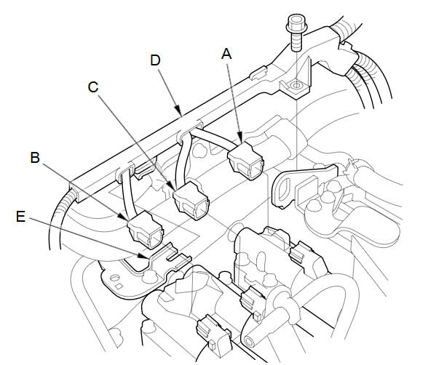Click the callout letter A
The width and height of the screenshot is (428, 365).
(x=226, y=54)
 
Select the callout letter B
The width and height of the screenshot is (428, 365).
(x=35, y=158)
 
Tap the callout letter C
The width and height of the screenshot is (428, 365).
(x=93, y=87)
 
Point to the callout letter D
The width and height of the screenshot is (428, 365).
(x=155, y=60)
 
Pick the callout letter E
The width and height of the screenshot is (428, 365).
(x=20, y=217)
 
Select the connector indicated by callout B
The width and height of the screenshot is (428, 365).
(x=145, y=230)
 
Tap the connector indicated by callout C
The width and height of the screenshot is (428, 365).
(x=191, y=200)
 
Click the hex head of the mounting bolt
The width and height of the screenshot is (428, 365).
(x=296, y=24)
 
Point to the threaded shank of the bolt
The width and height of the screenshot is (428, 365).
(x=296, y=41)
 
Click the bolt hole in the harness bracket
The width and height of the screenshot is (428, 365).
(x=296, y=86)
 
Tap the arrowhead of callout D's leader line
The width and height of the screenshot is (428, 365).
(x=179, y=111)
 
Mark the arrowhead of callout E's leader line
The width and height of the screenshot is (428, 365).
(x=144, y=256)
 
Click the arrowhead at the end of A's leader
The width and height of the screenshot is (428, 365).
(x=240, y=137)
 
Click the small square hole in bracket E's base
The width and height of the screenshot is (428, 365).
(x=119, y=286)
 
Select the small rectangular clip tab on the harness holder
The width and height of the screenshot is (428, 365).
(x=258, y=73)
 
